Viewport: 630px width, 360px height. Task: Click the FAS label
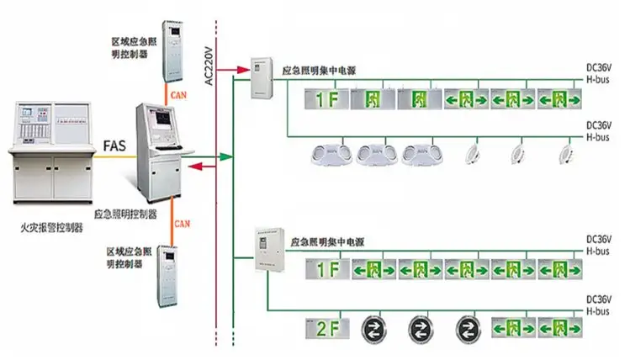click(x=115, y=145)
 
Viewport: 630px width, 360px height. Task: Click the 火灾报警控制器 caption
click(x=51, y=227)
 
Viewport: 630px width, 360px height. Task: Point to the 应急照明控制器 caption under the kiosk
click(x=125, y=214)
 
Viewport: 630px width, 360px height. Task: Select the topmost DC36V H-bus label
click(x=602, y=71)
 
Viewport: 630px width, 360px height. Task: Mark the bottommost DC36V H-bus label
click(x=602, y=304)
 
